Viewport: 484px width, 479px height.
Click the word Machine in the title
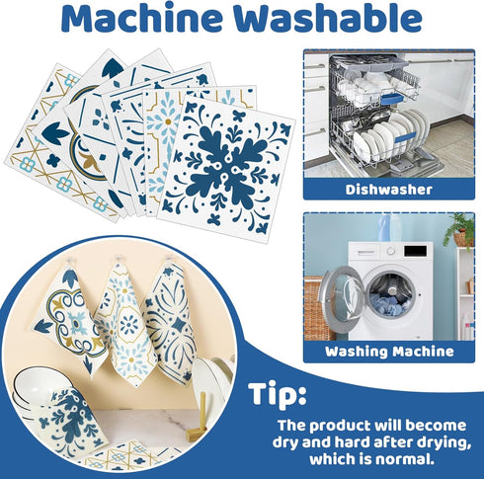click(x=142, y=18)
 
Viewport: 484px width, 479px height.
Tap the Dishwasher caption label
click(x=388, y=190)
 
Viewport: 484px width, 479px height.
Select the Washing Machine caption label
click(x=389, y=352)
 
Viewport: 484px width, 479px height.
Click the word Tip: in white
click(x=278, y=394)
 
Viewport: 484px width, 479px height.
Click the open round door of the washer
click(x=343, y=298)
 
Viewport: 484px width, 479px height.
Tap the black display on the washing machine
click(x=416, y=251)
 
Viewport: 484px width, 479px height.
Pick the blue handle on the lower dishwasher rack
click(x=405, y=136)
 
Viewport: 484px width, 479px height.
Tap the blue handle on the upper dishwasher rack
click(x=391, y=98)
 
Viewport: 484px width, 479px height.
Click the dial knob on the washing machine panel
click(x=391, y=251)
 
